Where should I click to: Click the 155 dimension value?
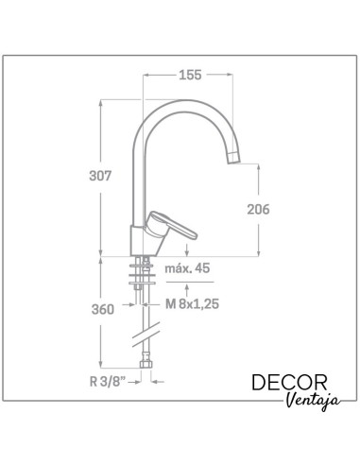[x=190, y=75]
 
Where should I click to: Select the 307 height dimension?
[x=100, y=176]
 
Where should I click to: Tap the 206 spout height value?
[x=258, y=210]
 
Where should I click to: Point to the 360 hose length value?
[x=103, y=309]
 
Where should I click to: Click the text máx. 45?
[x=187, y=268]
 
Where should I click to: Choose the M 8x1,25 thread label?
[x=192, y=304]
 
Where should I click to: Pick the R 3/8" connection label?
[x=108, y=382]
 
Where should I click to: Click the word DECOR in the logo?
[x=289, y=383]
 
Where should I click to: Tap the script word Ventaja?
[x=314, y=401]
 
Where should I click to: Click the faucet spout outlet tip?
[x=233, y=158]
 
